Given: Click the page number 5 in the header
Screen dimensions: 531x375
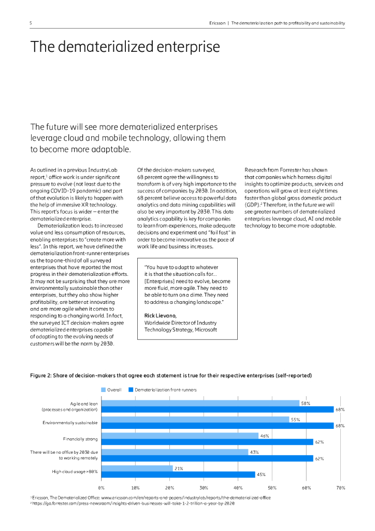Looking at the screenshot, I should pos(31,23).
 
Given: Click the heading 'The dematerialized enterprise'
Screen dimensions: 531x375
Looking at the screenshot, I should pos(125,47).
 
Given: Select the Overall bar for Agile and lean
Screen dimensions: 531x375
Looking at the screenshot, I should pos(200,403).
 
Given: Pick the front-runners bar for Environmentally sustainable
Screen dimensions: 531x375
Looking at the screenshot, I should pos(218,426).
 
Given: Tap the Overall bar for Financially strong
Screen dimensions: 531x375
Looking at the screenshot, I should pos(179,436).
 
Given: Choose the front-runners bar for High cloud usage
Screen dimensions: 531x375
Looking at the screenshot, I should pos(178,474).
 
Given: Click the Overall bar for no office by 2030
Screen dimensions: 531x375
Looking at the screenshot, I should pos(175,452).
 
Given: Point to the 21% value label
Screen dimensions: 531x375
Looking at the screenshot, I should pos(178,468).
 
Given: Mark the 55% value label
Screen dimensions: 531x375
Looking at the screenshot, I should pos(295,420).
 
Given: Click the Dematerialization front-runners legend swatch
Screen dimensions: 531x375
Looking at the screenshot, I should pos(131,389).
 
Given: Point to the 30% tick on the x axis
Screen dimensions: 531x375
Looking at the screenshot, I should pos(204,488).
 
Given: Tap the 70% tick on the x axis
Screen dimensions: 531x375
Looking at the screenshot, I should pos(340,488).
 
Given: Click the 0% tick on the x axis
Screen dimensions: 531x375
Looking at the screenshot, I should pos(102,488).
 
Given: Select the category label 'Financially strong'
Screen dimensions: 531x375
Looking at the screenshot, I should pos(80,439).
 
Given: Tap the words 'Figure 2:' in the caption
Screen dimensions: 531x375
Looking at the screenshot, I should pos(43,375).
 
